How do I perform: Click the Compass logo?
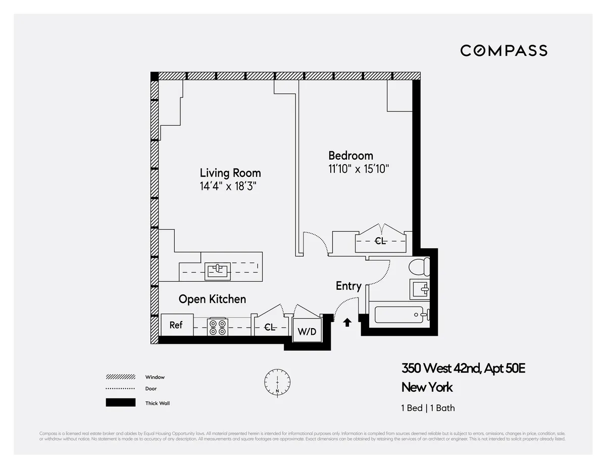click(x=503, y=50)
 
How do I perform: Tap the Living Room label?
click(x=230, y=173)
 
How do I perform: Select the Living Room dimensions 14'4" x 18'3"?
click(x=228, y=186)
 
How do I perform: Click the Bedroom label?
click(x=350, y=155)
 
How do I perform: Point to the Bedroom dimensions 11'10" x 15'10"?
click(x=359, y=169)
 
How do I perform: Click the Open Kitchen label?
click(x=212, y=299)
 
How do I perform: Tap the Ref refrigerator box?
click(x=176, y=325)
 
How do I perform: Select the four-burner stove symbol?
click(x=218, y=327)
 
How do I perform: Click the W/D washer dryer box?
click(x=307, y=331)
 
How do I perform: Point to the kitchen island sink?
click(x=218, y=271)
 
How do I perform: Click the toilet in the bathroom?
click(x=419, y=266)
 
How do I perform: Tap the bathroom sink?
click(x=420, y=289)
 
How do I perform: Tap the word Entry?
click(x=348, y=286)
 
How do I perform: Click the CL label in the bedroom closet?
click(x=380, y=241)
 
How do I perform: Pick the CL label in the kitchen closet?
click(x=270, y=328)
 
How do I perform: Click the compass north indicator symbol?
click(x=277, y=382)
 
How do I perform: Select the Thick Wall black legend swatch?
click(x=120, y=403)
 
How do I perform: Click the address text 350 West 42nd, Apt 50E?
click(x=463, y=368)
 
